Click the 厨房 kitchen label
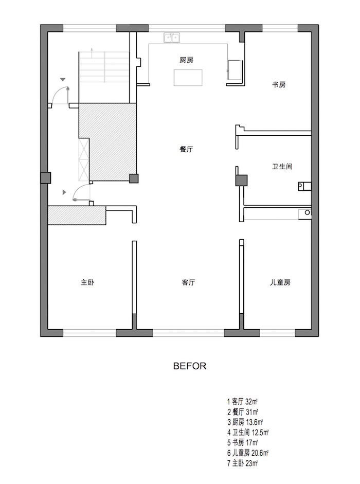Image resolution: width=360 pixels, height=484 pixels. point(187,60)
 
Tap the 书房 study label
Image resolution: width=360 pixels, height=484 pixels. point(279,84)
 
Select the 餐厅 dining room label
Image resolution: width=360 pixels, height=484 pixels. point(187,149)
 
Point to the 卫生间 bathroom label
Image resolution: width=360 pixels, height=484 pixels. point(282,167)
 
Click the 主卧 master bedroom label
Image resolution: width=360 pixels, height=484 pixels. point(87,282)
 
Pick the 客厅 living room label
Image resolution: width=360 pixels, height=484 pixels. point(188,282)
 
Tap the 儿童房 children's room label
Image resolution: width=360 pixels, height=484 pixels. point(280,282)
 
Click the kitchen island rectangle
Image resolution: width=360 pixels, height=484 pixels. point(188,78)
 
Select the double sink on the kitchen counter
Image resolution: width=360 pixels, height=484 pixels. point(172,38)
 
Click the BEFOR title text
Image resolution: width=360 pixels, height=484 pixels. point(190,366)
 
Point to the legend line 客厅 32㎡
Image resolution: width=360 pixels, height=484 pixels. point(242,402)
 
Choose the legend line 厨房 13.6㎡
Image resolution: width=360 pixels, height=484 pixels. point(245,422)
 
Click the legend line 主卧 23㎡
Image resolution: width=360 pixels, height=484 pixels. point(243,463)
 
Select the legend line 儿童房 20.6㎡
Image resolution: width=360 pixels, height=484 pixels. point(248,453)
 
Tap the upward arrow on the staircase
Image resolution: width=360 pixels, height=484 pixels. point(92,53)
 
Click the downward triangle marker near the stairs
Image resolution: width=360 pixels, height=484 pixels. point(63,80)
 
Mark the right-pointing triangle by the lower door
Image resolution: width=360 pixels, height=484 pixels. point(64,192)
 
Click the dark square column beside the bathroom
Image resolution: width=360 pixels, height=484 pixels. point(241,180)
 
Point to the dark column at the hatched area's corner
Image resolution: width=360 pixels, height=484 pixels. point(134,178)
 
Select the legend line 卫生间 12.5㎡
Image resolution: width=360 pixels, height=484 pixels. point(248,432)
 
